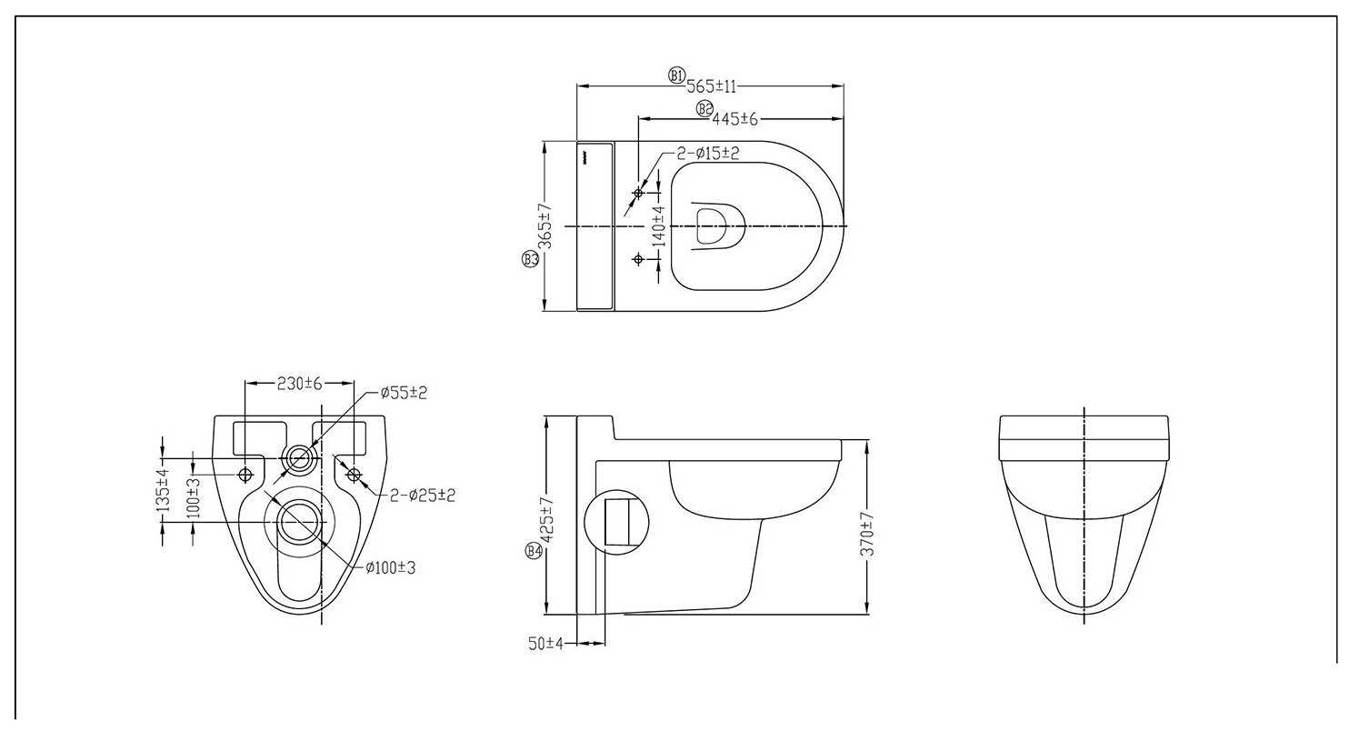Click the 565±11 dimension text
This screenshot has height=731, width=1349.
point(711,86)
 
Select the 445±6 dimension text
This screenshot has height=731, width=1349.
point(734,119)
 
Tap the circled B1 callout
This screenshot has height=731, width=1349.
point(677,75)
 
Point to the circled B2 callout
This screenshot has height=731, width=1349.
point(704,109)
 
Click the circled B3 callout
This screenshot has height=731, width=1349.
point(530,260)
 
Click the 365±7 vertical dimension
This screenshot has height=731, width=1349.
point(545,225)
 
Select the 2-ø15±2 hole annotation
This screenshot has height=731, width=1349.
point(708,154)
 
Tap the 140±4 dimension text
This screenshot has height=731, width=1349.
point(659,226)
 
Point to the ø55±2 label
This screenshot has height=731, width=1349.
point(404,393)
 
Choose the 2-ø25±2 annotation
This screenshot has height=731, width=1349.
point(422,496)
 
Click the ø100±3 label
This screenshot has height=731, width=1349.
point(391,568)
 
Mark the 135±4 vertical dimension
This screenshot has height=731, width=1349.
point(164,491)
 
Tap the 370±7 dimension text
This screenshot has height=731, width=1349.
point(867,534)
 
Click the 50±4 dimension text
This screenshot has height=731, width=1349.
point(545,644)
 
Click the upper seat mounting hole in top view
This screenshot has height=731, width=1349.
point(638,194)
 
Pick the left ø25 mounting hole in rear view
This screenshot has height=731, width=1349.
point(245,476)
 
